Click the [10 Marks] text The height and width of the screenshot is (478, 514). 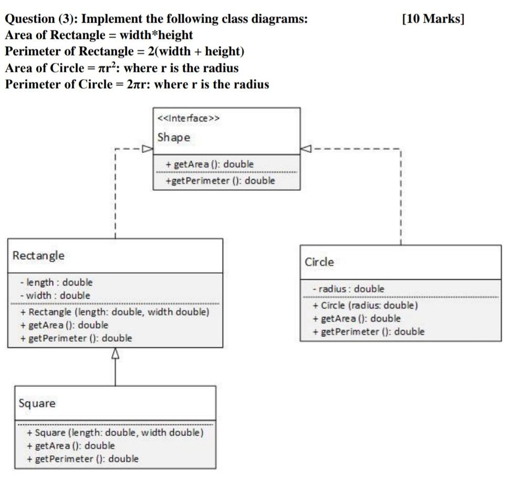[x=433, y=19]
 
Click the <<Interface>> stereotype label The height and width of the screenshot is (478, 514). [x=188, y=118]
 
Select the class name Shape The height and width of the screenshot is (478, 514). [x=174, y=137]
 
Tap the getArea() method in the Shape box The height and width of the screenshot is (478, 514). [x=210, y=164]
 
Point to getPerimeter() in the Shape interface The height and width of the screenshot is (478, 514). [x=221, y=181]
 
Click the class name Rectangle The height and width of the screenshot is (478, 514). [x=38, y=256]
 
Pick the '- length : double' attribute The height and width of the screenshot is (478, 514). [x=56, y=283]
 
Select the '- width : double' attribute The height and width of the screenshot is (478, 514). [x=55, y=296]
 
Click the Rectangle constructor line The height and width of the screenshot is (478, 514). [x=115, y=312]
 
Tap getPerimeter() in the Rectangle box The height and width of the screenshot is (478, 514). [x=76, y=338]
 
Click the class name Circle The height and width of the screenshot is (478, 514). [x=319, y=262]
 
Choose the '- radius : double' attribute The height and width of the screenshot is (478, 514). [x=349, y=289]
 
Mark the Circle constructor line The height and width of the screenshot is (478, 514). [x=365, y=305]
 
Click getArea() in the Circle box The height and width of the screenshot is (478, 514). [x=356, y=318]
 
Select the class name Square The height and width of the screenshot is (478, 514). [x=37, y=404]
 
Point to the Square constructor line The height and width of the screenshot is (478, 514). [x=116, y=432]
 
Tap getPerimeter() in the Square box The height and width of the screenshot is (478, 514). [x=83, y=459]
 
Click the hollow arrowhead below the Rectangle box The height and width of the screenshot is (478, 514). [x=116, y=353]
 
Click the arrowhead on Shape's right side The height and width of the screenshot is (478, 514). [x=306, y=149]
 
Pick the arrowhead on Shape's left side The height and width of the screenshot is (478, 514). [x=148, y=149]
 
